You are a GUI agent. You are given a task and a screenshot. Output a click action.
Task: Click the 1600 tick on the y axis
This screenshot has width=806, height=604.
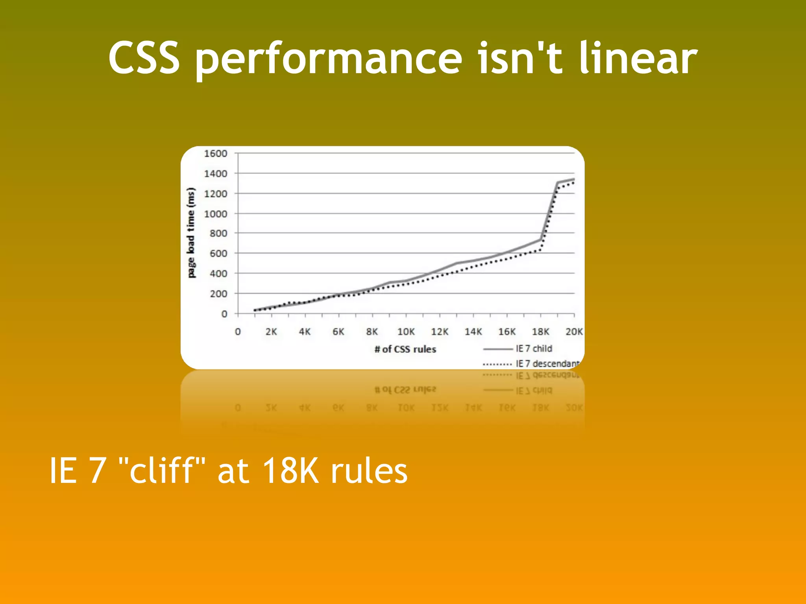[215, 153]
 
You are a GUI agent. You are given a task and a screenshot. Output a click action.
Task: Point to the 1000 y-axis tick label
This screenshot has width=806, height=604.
[215, 214]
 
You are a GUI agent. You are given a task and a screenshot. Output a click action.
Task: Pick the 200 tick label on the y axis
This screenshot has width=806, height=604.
[218, 294]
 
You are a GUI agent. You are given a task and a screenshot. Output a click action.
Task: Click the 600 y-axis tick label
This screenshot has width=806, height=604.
[218, 254]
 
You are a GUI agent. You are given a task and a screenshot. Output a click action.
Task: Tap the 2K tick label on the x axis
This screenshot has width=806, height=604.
[271, 332]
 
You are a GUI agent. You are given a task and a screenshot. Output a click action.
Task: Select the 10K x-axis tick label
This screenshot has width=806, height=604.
[406, 332]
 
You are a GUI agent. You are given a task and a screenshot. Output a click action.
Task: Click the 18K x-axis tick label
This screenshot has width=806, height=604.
[540, 332]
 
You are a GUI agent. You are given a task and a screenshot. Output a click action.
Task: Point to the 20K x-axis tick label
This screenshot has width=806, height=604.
[574, 332]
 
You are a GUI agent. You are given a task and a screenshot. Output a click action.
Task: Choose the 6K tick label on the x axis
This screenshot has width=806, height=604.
[338, 332]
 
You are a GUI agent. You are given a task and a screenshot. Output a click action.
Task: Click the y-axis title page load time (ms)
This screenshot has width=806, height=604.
[191, 233]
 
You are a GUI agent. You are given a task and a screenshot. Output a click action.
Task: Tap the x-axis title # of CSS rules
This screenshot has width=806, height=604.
[405, 349]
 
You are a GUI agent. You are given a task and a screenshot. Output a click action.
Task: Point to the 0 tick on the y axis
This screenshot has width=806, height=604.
[224, 314]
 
